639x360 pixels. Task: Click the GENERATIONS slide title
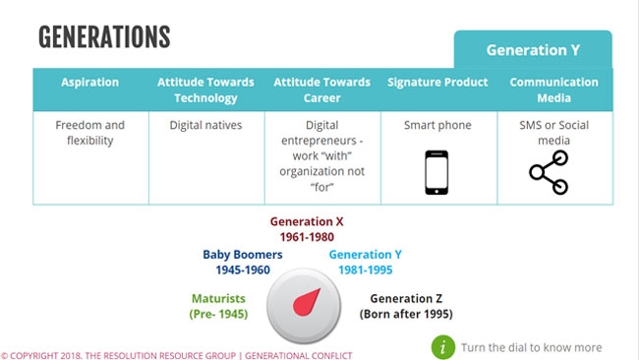click(x=104, y=37)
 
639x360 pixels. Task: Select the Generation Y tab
click(x=532, y=50)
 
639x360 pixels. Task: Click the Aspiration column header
click(x=89, y=83)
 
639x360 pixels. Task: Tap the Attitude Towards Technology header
click(x=205, y=90)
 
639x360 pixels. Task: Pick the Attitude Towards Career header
click(x=321, y=90)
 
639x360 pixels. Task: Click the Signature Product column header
click(x=437, y=83)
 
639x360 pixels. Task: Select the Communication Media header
click(x=553, y=90)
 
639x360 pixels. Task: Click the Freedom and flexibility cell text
click(x=89, y=133)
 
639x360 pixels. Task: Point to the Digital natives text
click(x=205, y=126)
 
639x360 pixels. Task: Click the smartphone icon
click(x=436, y=173)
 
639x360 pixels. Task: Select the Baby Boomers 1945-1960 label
click(x=243, y=261)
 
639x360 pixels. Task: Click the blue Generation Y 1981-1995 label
click(x=365, y=261)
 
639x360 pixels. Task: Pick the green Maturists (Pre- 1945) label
click(x=219, y=306)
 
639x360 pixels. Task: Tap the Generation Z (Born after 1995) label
click(x=411, y=306)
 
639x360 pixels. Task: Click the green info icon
click(x=444, y=346)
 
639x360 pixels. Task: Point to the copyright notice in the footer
click(x=176, y=354)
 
